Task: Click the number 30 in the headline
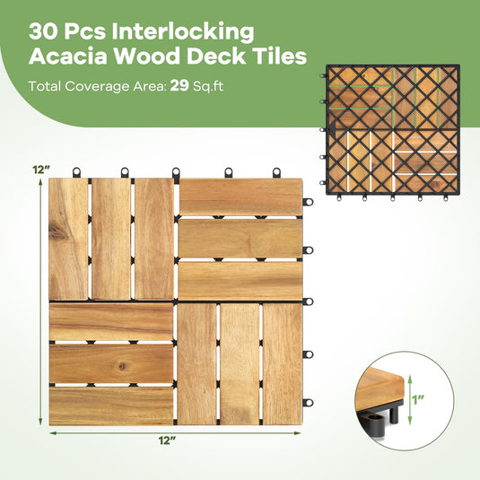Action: coord(43,31)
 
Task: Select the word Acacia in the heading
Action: coord(68,57)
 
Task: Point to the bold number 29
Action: coord(179,86)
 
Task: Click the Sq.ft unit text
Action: coord(208,86)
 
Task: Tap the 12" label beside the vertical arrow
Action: coord(41,170)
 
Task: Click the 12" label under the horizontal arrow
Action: coord(167,441)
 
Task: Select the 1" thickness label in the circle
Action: coord(417,399)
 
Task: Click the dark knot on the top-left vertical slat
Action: coord(57,231)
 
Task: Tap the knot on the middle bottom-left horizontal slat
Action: coord(122,366)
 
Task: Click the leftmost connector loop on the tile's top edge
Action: coord(76,172)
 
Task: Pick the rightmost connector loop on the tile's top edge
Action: coord(276,172)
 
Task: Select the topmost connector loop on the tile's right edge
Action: coord(308,202)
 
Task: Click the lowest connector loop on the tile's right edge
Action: coord(308,403)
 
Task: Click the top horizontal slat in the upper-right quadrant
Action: coord(241,196)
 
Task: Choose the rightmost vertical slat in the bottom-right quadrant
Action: coord(283,363)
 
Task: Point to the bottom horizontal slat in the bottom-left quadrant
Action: coord(111,406)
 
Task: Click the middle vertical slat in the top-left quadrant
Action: coord(111,239)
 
